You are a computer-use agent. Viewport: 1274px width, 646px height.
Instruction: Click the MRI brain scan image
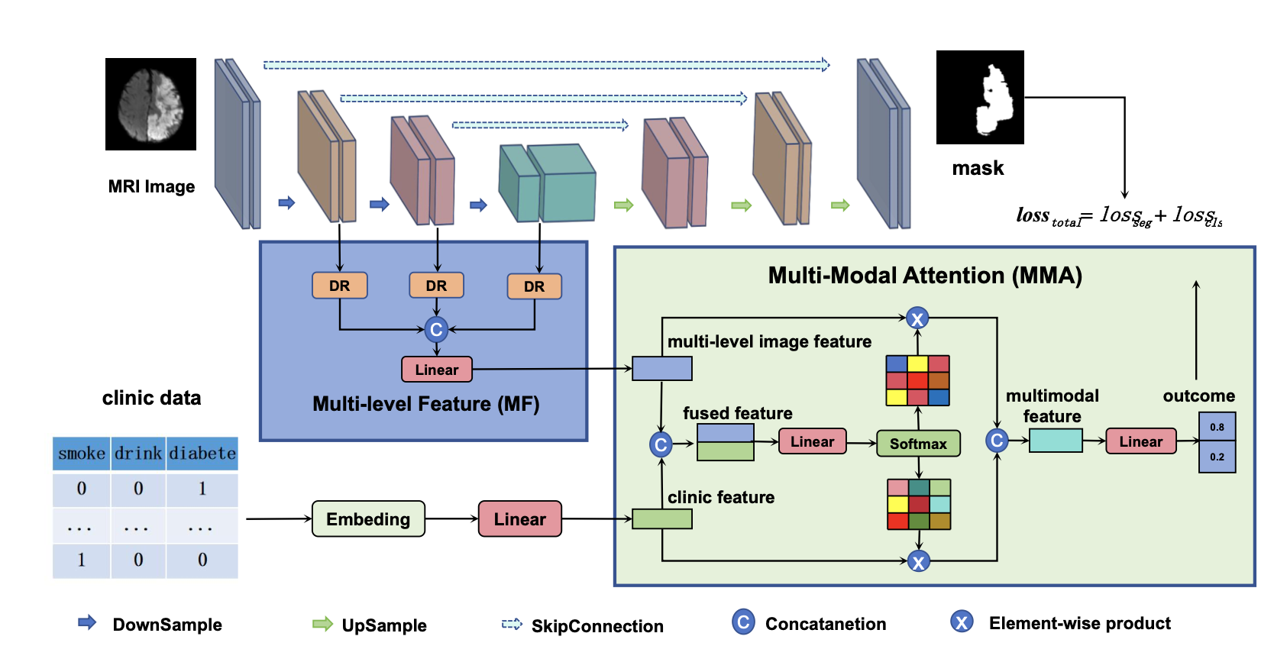pyautogui.click(x=150, y=104)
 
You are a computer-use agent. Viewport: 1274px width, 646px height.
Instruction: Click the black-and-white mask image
pyautogui.click(x=980, y=97)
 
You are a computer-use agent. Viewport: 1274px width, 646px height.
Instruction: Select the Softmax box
pyautogui.click(x=918, y=444)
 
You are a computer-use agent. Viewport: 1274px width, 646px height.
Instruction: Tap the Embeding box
pyautogui.click(x=368, y=519)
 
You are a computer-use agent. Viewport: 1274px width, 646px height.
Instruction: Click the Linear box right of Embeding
pyautogui.click(x=519, y=519)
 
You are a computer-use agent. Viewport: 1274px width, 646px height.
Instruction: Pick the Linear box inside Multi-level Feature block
pyautogui.click(x=436, y=370)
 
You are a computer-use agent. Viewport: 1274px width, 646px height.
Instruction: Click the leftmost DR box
pyautogui.click(x=339, y=286)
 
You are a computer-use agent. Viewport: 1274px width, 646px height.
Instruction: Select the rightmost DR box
pyautogui.click(x=534, y=286)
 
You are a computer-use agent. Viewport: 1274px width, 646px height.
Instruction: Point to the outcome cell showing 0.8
pyautogui.click(x=1217, y=427)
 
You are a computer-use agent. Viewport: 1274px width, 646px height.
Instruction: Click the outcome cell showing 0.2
pyautogui.click(x=1217, y=457)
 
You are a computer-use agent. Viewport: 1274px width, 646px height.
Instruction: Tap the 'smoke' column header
pyautogui.click(x=82, y=454)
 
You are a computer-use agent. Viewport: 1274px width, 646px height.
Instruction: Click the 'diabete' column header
pyautogui.click(x=202, y=454)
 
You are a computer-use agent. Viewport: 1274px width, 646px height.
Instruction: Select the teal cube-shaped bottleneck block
pyautogui.click(x=547, y=184)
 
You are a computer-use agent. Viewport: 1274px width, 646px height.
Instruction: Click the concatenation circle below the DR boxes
pyautogui.click(x=436, y=329)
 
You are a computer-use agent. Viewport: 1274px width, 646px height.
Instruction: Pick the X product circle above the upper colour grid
pyautogui.click(x=917, y=318)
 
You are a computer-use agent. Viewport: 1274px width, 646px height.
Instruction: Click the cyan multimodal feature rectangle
pyautogui.click(x=1056, y=441)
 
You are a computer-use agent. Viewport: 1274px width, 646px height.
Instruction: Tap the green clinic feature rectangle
pyautogui.click(x=662, y=519)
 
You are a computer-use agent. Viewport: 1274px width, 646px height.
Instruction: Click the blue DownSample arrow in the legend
pyautogui.click(x=87, y=622)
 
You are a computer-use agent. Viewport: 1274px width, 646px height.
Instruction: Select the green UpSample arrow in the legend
pyautogui.click(x=323, y=624)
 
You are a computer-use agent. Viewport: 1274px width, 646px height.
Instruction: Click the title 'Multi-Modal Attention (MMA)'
pyautogui.click(x=925, y=276)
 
